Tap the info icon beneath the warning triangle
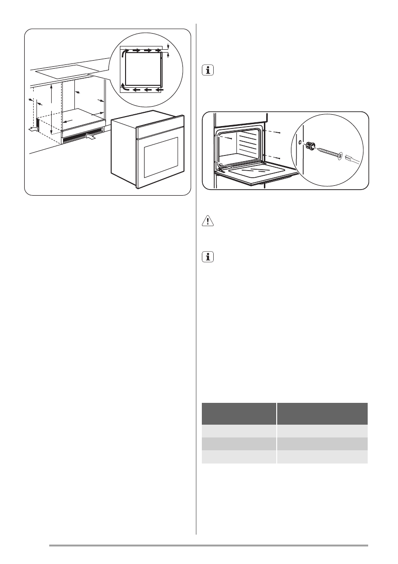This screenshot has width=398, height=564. point(207,257)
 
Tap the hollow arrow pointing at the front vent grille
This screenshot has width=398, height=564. point(91,137)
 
